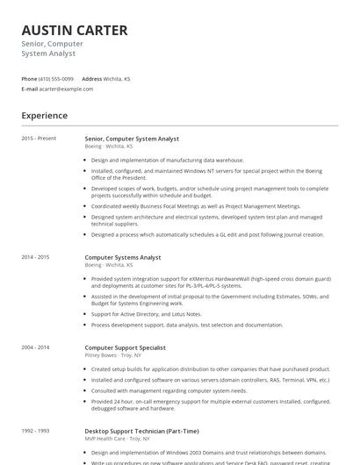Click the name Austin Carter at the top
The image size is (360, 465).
click(75, 30)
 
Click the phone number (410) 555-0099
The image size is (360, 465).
click(56, 78)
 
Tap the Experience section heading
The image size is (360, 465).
click(45, 115)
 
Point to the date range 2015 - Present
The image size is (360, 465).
click(39, 138)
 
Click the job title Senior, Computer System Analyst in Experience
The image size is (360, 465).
click(132, 138)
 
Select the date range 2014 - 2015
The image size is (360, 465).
click(36, 257)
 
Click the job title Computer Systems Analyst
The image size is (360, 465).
click(123, 257)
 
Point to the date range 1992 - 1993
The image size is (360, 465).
click(36, 431)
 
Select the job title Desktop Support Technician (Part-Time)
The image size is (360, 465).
click(141, 431)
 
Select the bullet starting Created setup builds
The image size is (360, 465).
click(210, 369)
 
